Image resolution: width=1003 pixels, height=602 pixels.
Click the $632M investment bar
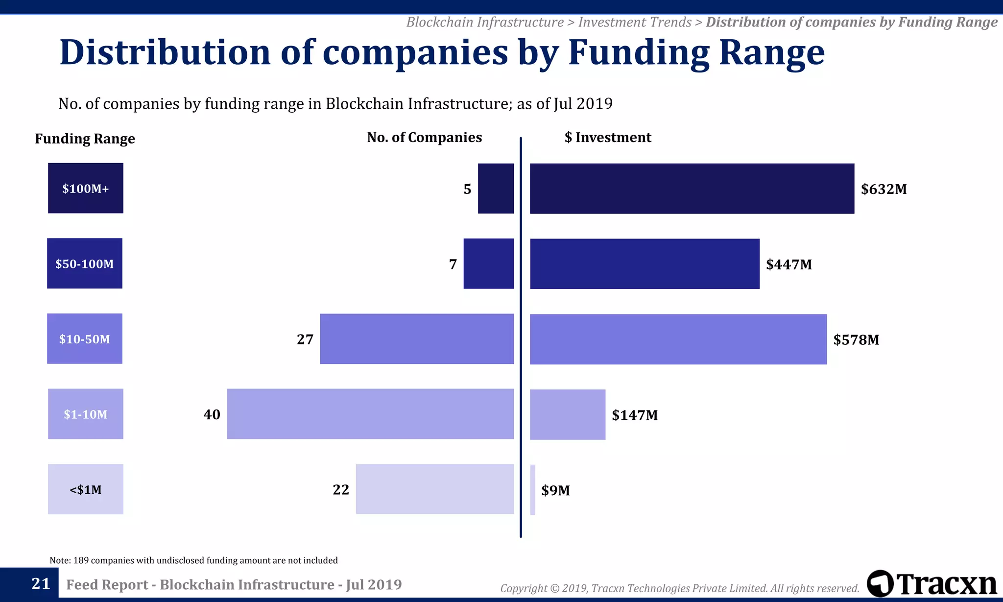tap(692, 189)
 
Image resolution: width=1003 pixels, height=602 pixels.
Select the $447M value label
tap(788, 265)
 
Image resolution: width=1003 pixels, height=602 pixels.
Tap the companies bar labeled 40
tap(370, 414)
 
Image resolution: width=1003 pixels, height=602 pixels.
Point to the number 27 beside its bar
tap(305, 339)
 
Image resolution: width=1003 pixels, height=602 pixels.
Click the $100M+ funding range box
tap(86, 188)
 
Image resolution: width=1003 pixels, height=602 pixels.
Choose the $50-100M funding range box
tap(85, 264)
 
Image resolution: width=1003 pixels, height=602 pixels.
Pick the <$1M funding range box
tap(86, 489)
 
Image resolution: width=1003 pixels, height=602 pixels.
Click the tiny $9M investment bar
tap(532, 489)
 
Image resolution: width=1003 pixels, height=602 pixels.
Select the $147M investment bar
tap(567, 414)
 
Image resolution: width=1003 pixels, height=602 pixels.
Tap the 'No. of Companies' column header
tap(424, 138)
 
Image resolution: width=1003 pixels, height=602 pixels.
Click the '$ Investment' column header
tap(607, 138)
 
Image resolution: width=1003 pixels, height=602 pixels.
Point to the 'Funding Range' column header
tap(85, 139)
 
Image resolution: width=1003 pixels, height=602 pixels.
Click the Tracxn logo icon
tap(880, 583)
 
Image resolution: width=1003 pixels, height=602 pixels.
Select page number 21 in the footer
tap(41, 583)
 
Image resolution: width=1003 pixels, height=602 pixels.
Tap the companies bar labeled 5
tap(496, 189)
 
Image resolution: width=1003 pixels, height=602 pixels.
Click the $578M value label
tap(856, 339)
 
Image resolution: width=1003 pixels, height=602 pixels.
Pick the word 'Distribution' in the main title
tap(165, 52)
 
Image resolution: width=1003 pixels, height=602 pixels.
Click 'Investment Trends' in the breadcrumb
tap(634, 22)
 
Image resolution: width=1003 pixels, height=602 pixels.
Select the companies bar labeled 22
tap(434, 489)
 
